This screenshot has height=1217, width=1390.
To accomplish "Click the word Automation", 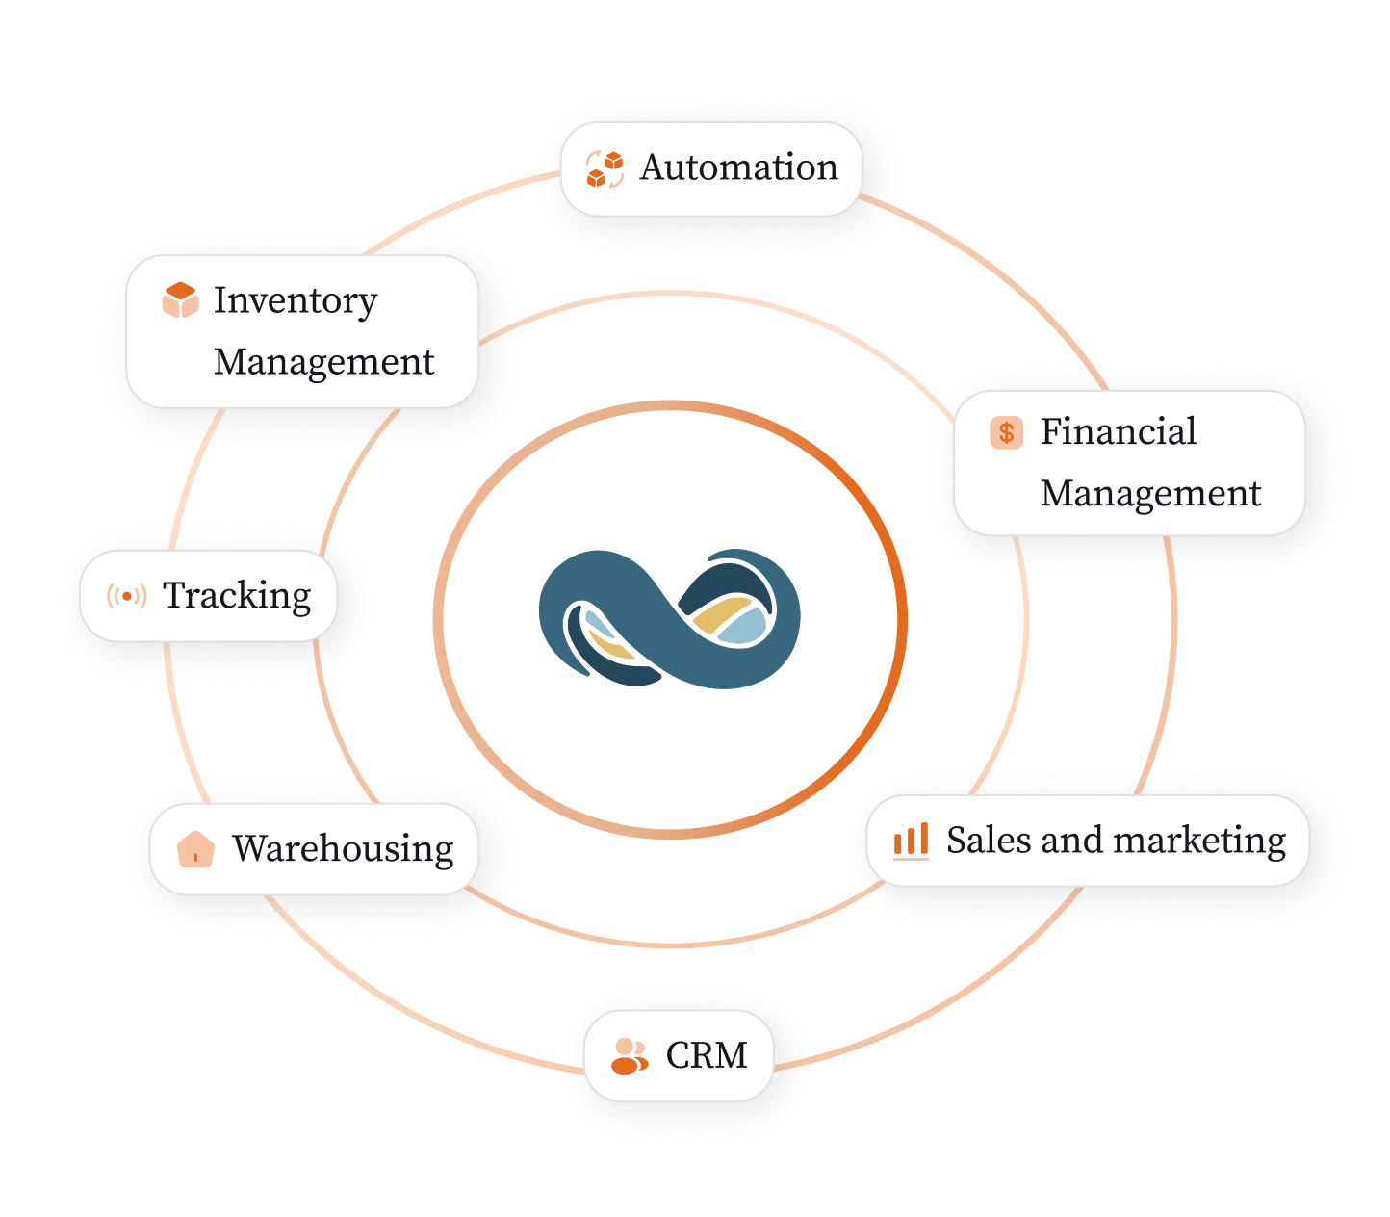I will tap(738, 168).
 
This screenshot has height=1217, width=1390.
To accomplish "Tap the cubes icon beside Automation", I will tap(605, 168).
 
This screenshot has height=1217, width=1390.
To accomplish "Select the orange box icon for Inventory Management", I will tap(180, 300).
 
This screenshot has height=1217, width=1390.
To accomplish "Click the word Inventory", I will tap(295, 300).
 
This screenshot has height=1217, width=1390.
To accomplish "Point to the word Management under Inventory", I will tap(323, 362).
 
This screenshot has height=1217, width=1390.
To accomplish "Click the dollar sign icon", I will tap(1006, 432).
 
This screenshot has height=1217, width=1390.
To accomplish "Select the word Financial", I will tap(1118, 431).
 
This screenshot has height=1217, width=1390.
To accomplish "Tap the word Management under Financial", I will tap(1150, 493).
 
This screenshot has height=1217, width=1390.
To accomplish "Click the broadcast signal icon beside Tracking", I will tap(127, 596).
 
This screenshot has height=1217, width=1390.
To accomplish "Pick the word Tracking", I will tap(237, 596).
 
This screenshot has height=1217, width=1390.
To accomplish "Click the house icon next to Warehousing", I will tap(195, 849).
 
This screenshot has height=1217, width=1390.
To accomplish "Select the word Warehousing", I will tap(343, 849).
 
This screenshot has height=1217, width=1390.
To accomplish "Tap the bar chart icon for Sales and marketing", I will tap(911, 841).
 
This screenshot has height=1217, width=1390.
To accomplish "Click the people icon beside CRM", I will tap(630, 1056).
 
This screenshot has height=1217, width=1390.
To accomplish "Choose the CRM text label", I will tap(707, 1056).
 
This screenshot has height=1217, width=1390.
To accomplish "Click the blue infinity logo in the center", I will tap(669, 619).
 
